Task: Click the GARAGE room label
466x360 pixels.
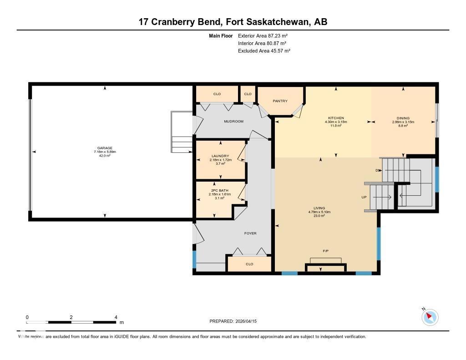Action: pyautogui.click(x=105, y=148)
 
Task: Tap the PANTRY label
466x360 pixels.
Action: pyautogui.click(x=280, y=101)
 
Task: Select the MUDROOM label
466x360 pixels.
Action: pyautogui.click(x=233, y=122)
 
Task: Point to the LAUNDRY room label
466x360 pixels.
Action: pyautogui.click(x=220, y=156)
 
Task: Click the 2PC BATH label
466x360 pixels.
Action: pyautogui.click(x=220, y=190)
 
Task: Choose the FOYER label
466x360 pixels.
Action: pyautogui.click(x=250, y=233)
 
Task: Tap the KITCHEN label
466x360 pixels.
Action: pyautogui.click(x=336, y=118)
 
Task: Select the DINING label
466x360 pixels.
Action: pyautogui.click(x=403, y=118)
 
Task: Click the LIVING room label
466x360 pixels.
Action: pyautogui.click(x=319, y=208)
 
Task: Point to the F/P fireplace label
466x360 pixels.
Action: pyautogui.click(x=326, y=251)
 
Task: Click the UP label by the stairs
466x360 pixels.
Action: pyautogui.click(x=364, y=197)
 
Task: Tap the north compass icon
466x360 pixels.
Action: pyautogui.click(x=430, y=317)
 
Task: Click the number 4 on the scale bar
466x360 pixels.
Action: pyautogui.click(x=116, y=317)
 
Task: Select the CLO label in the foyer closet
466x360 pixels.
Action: pyautogui.click(x=249, y=264)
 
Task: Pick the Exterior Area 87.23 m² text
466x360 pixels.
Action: pyautogui.click(x=263, y=35)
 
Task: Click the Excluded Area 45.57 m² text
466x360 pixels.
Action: pyautogui.click(x=264, y=51)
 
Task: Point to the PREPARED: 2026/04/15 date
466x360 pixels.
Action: pyautogui.click(x=236, y=321)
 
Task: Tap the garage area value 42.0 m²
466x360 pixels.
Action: pyautogui.click(x=105, y=156)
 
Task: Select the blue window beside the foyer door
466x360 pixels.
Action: pyautogui.click(x=194, y=259)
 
